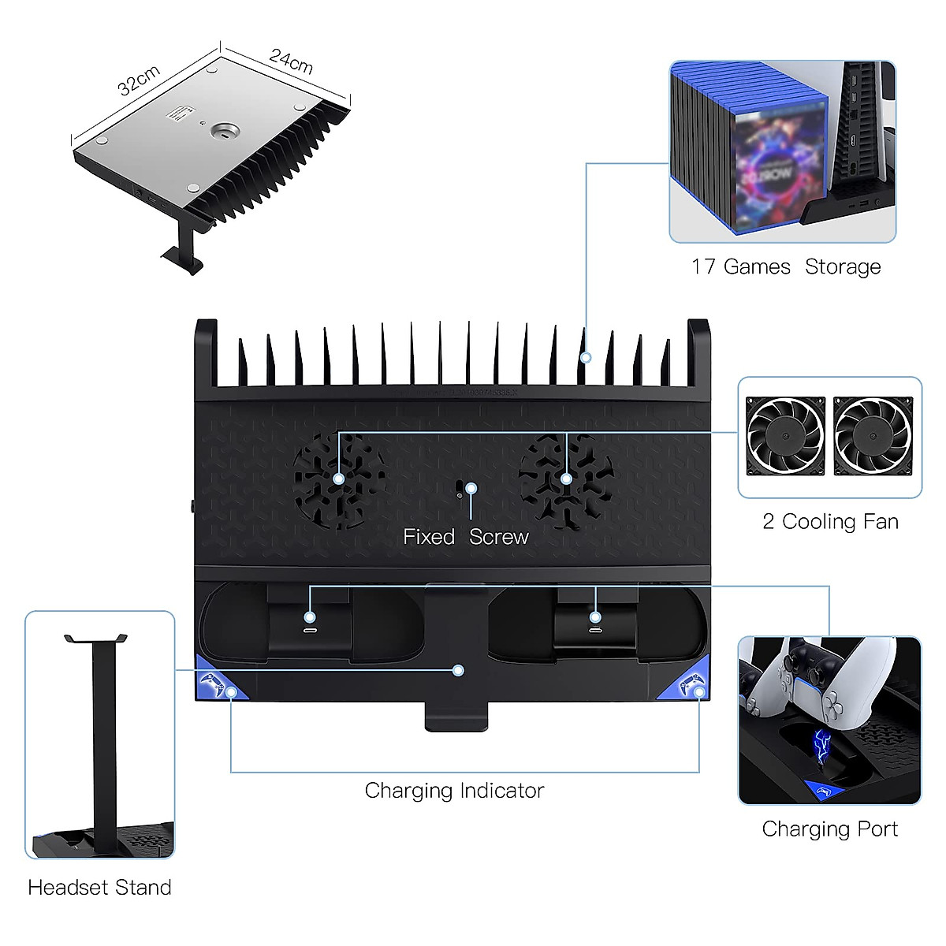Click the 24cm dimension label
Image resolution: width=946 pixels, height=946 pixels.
(x=291, y=61)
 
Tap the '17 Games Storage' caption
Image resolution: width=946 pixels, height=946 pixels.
(x=785, y=267)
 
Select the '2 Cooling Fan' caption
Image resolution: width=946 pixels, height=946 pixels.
(x=830, y=522)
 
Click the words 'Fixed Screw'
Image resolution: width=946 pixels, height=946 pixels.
(x=465, y=537)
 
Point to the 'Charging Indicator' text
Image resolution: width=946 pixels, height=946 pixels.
(x=454, y=791)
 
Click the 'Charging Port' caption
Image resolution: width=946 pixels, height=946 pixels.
(x=829, y=829)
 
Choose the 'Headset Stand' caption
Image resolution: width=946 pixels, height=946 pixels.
(x=99, y=888)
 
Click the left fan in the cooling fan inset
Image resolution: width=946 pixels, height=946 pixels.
(x=785, y=436)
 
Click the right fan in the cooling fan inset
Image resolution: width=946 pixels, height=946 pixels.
(x=873, y=436)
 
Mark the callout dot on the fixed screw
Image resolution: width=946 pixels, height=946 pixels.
(x=471, y=489)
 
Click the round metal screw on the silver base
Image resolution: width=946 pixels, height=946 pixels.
(x=228, y=131)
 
